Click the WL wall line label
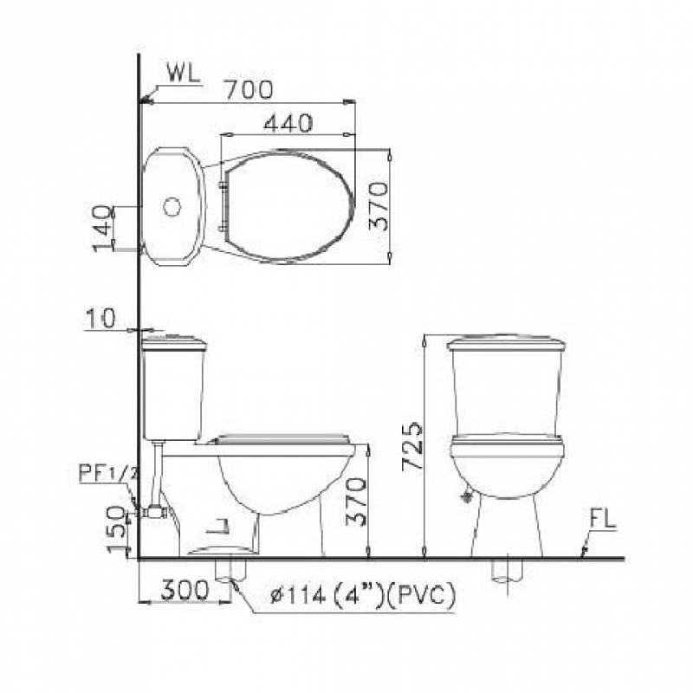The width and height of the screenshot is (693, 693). pyautogui.click(x=184, y=74)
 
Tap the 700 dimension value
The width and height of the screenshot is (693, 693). pyautogui.click(x=249, y=90)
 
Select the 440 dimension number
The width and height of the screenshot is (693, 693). pyautogui.click(x=288, y=123)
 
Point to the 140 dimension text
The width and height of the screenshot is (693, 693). pyautogui.click(x=104, y=229)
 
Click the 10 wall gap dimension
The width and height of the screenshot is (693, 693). pyautogui.click(x=100, y=318)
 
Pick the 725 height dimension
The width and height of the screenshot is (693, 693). pyautogui.click(x=413, y=445)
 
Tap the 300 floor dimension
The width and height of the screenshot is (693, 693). pyautogui.click(x=185, y=589)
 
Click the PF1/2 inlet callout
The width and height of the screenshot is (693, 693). pyautogui.click(x=108, y=473)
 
